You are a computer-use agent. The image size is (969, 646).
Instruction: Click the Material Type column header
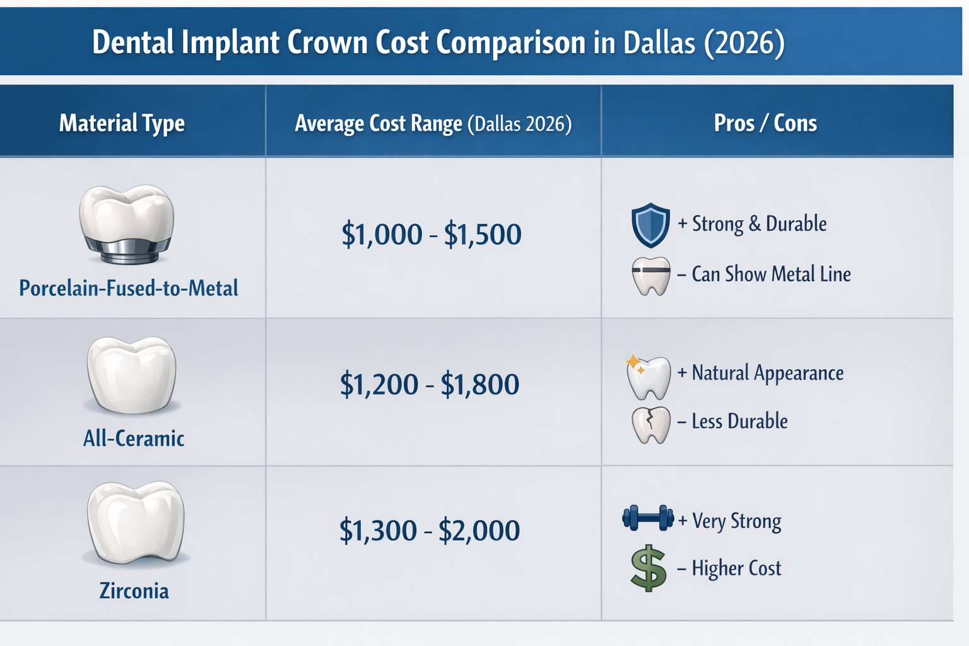point(122,123)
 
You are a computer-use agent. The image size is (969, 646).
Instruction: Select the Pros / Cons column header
point(765,123)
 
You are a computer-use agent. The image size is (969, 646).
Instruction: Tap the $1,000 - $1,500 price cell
point(432,235)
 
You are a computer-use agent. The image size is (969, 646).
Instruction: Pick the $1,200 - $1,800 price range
point(430,384)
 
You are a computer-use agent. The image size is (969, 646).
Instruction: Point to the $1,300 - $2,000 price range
point(430,531)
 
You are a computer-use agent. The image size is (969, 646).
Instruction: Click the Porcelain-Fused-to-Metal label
point(129,288)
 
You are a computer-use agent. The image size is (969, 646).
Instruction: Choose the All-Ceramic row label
point(134,438)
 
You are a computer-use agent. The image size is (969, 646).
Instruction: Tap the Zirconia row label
point(134,591)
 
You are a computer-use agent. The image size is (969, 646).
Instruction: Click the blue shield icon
point(650,225)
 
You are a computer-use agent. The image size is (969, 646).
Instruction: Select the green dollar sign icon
point(649,569)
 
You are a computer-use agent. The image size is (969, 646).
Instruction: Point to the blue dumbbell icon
point(648,518)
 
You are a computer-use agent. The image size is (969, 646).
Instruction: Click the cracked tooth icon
point(650,425)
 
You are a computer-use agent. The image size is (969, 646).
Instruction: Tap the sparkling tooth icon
point(648,377)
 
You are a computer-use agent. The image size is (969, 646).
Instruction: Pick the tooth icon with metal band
point(650,276)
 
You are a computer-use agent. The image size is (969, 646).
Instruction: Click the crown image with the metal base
point(127,224)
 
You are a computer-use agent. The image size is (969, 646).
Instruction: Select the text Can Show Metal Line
point(771,274)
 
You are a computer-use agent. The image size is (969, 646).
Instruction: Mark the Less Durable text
point(739,421)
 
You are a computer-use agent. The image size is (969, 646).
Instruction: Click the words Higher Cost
point(736,568)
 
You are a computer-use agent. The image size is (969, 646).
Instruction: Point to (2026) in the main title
point(744,43)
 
